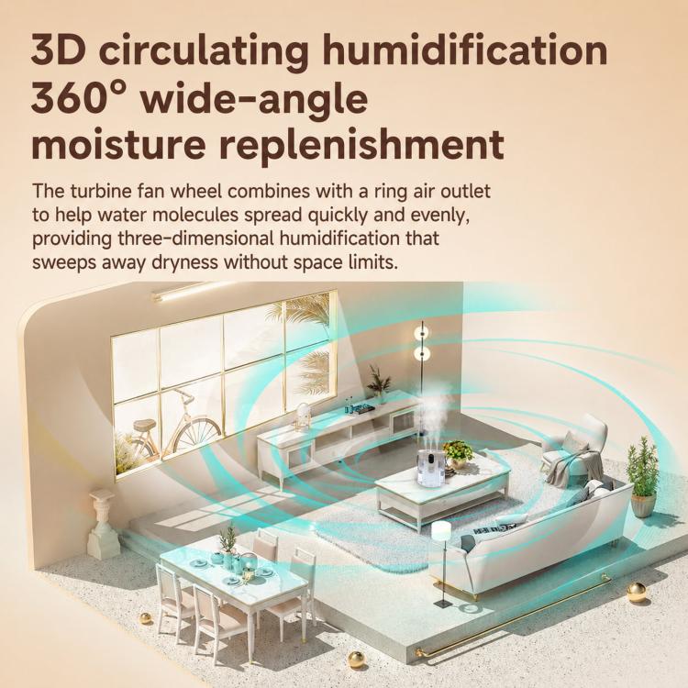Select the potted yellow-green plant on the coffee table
458,454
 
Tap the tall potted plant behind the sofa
642,477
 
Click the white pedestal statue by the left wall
103,525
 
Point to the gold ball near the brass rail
636,593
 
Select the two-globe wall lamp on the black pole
422,342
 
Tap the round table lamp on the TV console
302,416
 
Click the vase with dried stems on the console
378,384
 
